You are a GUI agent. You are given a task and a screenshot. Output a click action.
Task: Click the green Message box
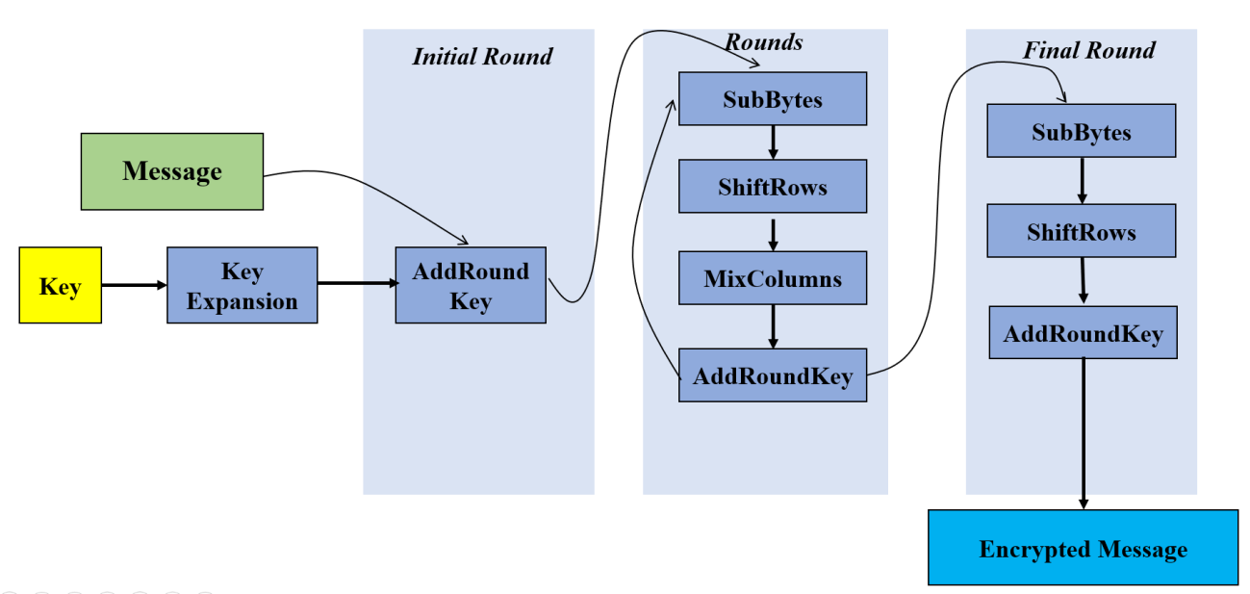172,171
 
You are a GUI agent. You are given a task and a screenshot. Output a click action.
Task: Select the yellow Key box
60,285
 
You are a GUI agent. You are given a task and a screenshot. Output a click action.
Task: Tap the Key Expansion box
242,285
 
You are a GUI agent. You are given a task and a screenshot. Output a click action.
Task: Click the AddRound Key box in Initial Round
471,285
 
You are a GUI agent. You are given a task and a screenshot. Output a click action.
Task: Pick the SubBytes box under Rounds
772,98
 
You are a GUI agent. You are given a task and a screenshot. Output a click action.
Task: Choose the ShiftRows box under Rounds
772,186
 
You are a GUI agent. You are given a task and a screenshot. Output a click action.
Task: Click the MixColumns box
772,278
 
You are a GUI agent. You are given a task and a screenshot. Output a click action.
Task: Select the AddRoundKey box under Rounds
772,375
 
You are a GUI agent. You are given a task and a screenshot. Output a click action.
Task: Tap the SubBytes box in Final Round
1081,131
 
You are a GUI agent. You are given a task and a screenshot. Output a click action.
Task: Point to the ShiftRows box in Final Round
1081,231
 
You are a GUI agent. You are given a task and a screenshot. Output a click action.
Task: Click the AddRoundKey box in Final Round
1083,333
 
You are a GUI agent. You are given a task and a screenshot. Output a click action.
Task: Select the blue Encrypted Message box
1083,549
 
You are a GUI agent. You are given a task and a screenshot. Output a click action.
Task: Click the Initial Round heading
482,56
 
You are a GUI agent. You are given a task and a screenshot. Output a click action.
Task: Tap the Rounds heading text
763,41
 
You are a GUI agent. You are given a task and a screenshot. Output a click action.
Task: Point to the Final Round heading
1088,50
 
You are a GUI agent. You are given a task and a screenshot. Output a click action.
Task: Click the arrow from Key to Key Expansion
134,285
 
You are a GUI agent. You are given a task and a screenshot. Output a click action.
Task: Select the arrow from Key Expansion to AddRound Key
356,283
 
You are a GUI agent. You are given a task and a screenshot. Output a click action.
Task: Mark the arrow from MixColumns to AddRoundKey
772,326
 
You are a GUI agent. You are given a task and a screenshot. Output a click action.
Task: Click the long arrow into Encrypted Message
1084,433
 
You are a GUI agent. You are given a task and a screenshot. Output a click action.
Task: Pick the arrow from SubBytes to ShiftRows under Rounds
772,142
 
